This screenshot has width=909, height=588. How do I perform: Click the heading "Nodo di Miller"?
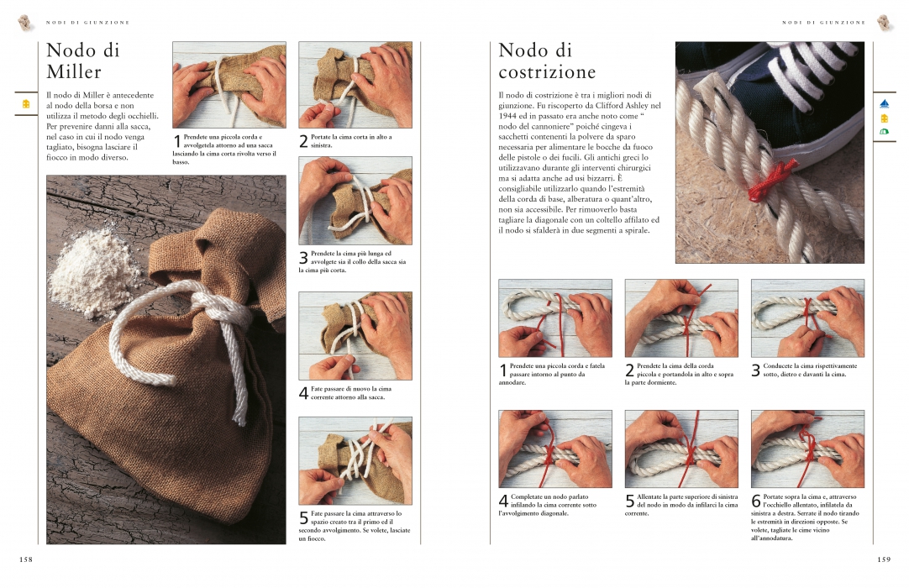click(83, 60)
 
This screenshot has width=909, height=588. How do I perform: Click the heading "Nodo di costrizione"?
click(547, 60)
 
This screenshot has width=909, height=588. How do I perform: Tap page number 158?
click(26, 559)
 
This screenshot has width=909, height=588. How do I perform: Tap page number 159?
click(884, 559)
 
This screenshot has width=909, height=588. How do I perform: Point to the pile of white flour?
click(92, 271)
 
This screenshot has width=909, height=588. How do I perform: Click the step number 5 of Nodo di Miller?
click(304, 517)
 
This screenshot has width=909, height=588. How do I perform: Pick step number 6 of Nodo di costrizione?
click(756, 501)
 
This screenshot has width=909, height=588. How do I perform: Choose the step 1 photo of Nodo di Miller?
click(229, 85)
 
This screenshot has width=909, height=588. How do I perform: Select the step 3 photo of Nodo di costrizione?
click(807, 318)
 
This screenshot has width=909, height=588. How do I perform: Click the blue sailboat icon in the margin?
click(884, 104)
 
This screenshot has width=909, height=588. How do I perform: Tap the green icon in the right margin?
click(884, 132)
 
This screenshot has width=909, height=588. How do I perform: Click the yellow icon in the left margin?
click(25, 104)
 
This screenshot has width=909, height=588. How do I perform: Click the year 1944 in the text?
click(507, 116)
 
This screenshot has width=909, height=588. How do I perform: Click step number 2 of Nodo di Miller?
click(304, 141)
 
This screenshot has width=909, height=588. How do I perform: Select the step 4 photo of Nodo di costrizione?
click(555, 449)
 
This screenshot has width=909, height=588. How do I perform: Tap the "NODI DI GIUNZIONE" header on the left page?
click(87, 23)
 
